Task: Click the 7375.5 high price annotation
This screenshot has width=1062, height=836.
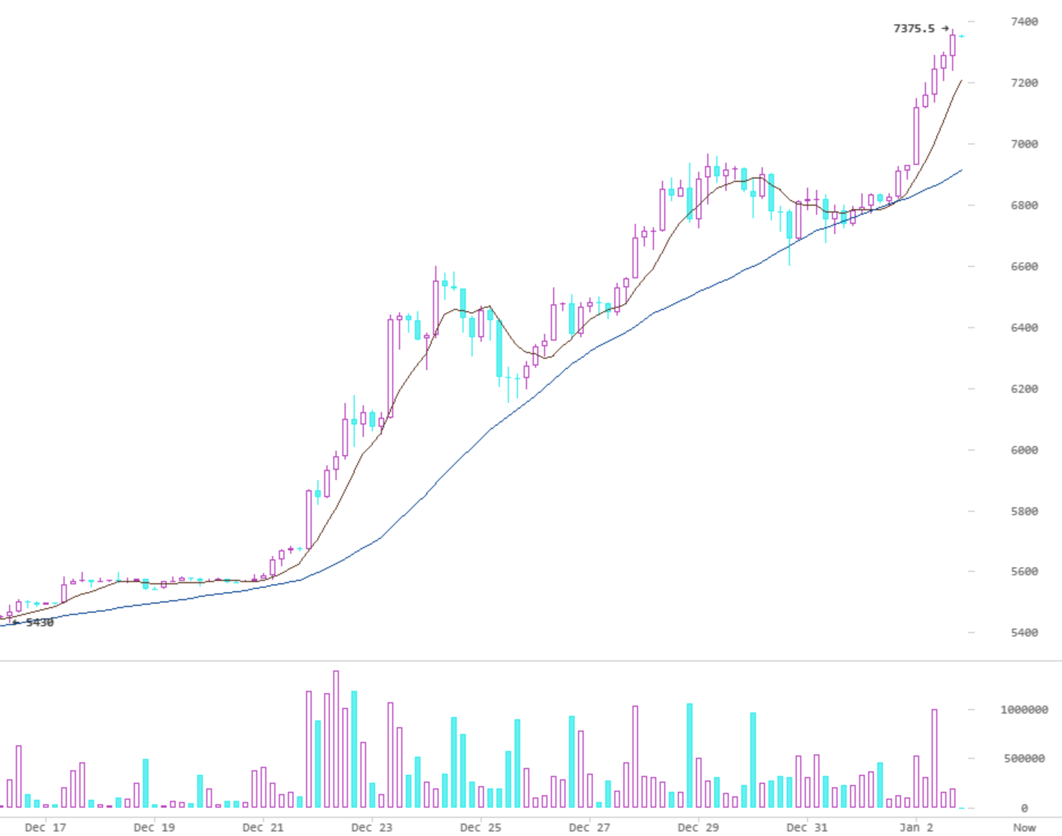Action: pyautogui.click(x=914, y=28)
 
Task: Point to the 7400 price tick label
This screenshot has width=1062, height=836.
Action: pyautogui.click(x=1024, y=22)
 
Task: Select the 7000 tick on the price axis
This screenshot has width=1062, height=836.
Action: pyautogui.click(x=1024, y=144)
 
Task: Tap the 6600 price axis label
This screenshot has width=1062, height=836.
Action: pyautogui.click(x=1024, y=266)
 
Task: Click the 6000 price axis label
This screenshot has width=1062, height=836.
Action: pyautogui.click(x=1024, y=450)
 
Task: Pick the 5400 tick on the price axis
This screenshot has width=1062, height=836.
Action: pyautogui.click(x=1024, y=633)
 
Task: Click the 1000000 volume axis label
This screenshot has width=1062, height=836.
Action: pyautogui.click(x=1024, y=710)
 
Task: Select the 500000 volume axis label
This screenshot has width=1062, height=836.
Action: pyautogui.click(x=1024, y=758)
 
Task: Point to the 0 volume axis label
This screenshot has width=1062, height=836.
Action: pyautogui.click(x=1024, y=808)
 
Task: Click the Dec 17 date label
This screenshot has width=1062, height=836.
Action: pyautogui.click(x=45, y=827)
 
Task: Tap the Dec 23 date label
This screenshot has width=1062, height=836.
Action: pyautogui.click(x=372, y=827)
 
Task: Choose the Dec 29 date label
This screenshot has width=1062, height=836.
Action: pyautogui.click(x=698, y=827)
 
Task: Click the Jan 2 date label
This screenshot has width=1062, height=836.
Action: pyautogui.click(x=916, y=827)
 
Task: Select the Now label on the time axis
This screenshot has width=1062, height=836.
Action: pyautogui.click(x=1024, y=827)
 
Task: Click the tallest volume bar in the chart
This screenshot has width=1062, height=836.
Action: pyautogui.click(x=336, y=740)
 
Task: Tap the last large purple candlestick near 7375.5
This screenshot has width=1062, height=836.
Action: pyautogui.click(x=953, y=45)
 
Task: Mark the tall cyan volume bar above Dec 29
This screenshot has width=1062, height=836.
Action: pyautogui.click(x=690, y=756)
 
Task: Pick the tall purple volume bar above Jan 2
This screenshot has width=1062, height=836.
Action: pyautogui.click(x=934, y=758)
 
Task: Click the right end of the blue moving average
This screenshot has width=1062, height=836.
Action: pyautogui.click(x=962, y=170)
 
